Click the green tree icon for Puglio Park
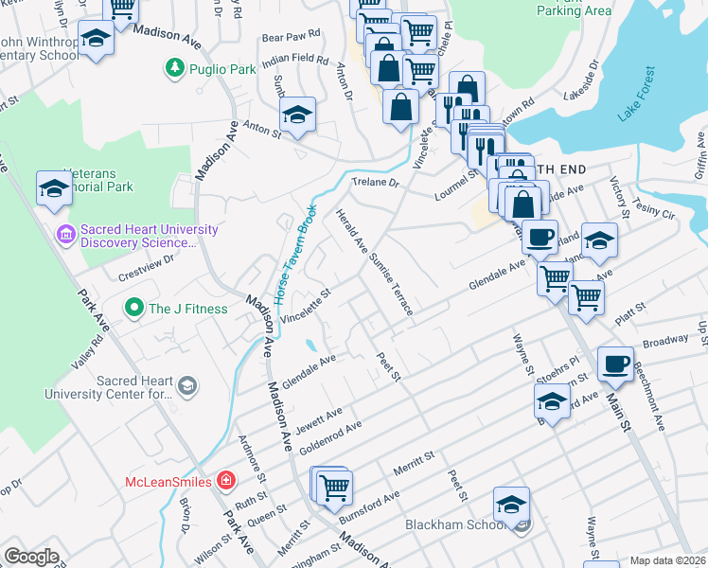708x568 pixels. coord(174,68)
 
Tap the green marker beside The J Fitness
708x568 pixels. coord(134,308)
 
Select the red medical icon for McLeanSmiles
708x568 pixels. coord(225,481)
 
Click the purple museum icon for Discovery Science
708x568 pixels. coord(65,233)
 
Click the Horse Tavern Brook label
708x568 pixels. coord(294,254)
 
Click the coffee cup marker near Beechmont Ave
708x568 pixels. coord(615,364)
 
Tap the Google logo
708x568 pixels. coord(31,557)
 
